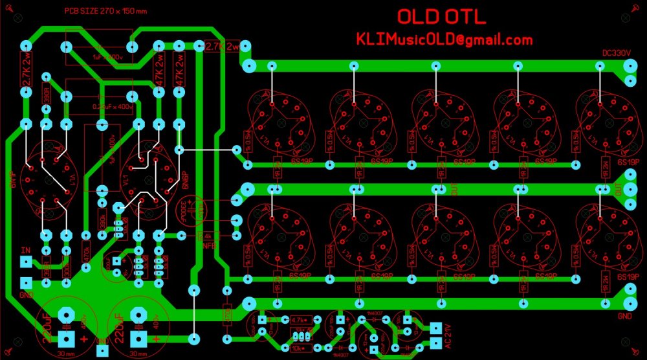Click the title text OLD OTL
tap(442, 17)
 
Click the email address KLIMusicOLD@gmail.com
tap(444, 39)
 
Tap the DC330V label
tap(616, 54)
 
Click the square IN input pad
tap(26, 262)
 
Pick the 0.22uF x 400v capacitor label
tap(114, 106)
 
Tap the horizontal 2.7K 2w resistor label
tap(222, 46)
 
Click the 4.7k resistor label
tap(299, 320)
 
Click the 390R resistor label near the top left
tap(47, 95)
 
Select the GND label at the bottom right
tap(625, 317)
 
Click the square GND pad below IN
tap(26, 283)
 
